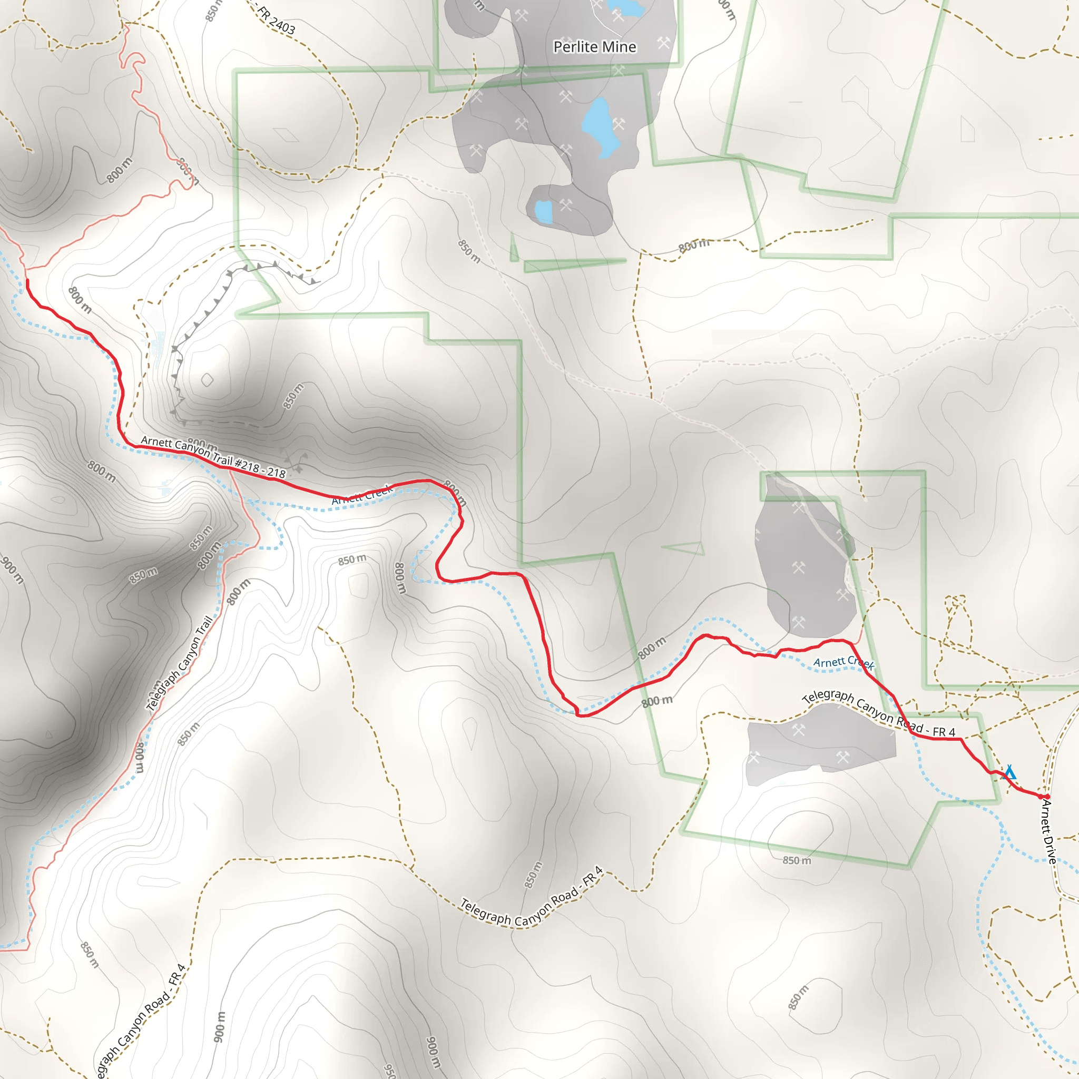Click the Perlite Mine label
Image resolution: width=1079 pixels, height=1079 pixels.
tap(594, 47)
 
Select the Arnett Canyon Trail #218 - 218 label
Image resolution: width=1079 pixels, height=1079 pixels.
tap(213, 457)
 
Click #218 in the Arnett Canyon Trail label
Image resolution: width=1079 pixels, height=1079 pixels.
tap(248, 465)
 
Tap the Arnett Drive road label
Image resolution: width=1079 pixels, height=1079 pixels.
tap(1048, 831)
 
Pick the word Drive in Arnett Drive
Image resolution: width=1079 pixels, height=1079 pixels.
tap(1051, 849)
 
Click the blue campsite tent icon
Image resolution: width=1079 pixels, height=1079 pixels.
tap(1009, 773)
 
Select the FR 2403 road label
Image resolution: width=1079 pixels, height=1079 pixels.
tap(276, 20)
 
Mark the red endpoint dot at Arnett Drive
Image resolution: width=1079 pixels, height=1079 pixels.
tap(1047, 797)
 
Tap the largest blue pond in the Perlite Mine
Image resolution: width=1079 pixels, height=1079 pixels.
tap(601, 127)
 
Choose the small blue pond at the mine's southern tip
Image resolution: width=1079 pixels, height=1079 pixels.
tap(543, 212)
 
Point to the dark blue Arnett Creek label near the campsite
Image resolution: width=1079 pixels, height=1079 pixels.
tap(843, 662)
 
